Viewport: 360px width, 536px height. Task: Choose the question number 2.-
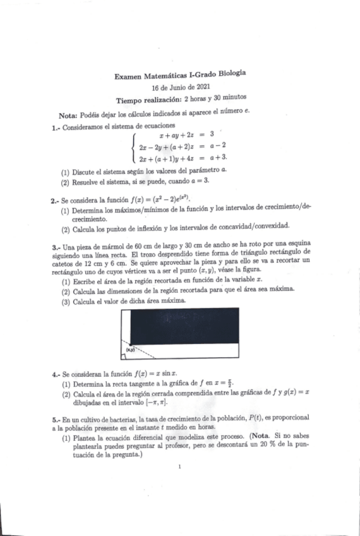pyautogui.click(x=56, y=200)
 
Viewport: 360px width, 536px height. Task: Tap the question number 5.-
pyautogui.click(x=56, y=419)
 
